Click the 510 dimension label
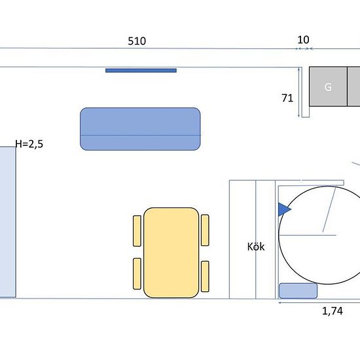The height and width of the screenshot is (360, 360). pyautogui.click(x=137, y=41)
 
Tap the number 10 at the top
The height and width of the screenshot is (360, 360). pyautogui.click(x=303, y=39)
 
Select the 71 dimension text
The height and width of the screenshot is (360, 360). pyautogui.click(x=287, y=98)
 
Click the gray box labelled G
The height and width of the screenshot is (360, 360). pyautogui.click(x=327, y=86)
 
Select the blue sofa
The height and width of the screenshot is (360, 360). pyautogui.click(x=139, y=128)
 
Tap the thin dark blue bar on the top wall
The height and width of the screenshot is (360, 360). pyautogui.click(x=141, y=70)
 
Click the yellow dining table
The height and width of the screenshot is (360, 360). pyautogui.click(x=171, y=253)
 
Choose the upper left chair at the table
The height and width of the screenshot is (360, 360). pyautogui.click(x=137, y=230)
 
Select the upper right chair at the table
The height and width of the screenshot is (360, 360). pyautogui.click(x=205, y=230)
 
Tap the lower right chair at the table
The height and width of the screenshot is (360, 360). pyautogui.click(x=205, y=276)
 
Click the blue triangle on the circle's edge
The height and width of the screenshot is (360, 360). pyautogui.click(x=283, y=209)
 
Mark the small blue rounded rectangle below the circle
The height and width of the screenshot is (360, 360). pyautogui.click(x=298, y=291)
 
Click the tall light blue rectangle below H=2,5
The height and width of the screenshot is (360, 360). pyautogui.click(x=7, y=222)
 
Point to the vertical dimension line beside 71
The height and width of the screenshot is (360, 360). pyautogui.click(x=299, y=92)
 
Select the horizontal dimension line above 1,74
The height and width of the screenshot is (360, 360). pyautogui.click(x=319, y=302)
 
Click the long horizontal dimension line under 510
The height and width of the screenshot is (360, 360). pyautogui.click(x=144, y=48)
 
